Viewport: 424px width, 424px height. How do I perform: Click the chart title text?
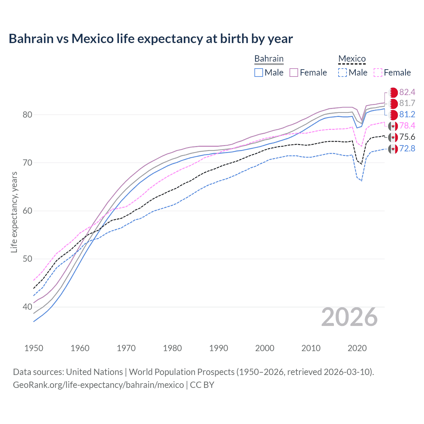151,39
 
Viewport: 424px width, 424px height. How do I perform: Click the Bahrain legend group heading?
269,59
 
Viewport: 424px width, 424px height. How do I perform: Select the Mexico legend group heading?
352,59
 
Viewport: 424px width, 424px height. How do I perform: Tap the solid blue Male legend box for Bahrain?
259,73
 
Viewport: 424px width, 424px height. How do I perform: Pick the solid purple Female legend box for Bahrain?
294,73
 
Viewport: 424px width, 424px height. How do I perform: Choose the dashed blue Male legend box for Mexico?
343,73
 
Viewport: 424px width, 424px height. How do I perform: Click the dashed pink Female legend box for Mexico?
378,73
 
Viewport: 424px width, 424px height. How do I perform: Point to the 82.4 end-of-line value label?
407,92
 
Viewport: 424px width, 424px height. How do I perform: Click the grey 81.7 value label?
407,103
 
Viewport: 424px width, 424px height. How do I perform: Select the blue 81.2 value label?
407,115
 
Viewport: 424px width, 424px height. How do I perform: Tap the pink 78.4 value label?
407,126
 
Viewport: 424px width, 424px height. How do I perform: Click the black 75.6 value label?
407,137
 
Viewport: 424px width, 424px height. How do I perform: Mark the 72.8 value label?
407,148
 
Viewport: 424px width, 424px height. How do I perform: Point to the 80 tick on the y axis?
27,115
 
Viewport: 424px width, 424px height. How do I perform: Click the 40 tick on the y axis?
27,307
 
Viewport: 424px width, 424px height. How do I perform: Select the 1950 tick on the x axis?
34,348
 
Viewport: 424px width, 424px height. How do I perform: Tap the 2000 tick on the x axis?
265,348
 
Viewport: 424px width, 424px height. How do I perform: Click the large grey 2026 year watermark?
349,317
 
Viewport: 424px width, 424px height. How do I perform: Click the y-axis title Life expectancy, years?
14,212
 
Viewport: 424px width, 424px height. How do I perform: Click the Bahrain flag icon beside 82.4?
393,92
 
